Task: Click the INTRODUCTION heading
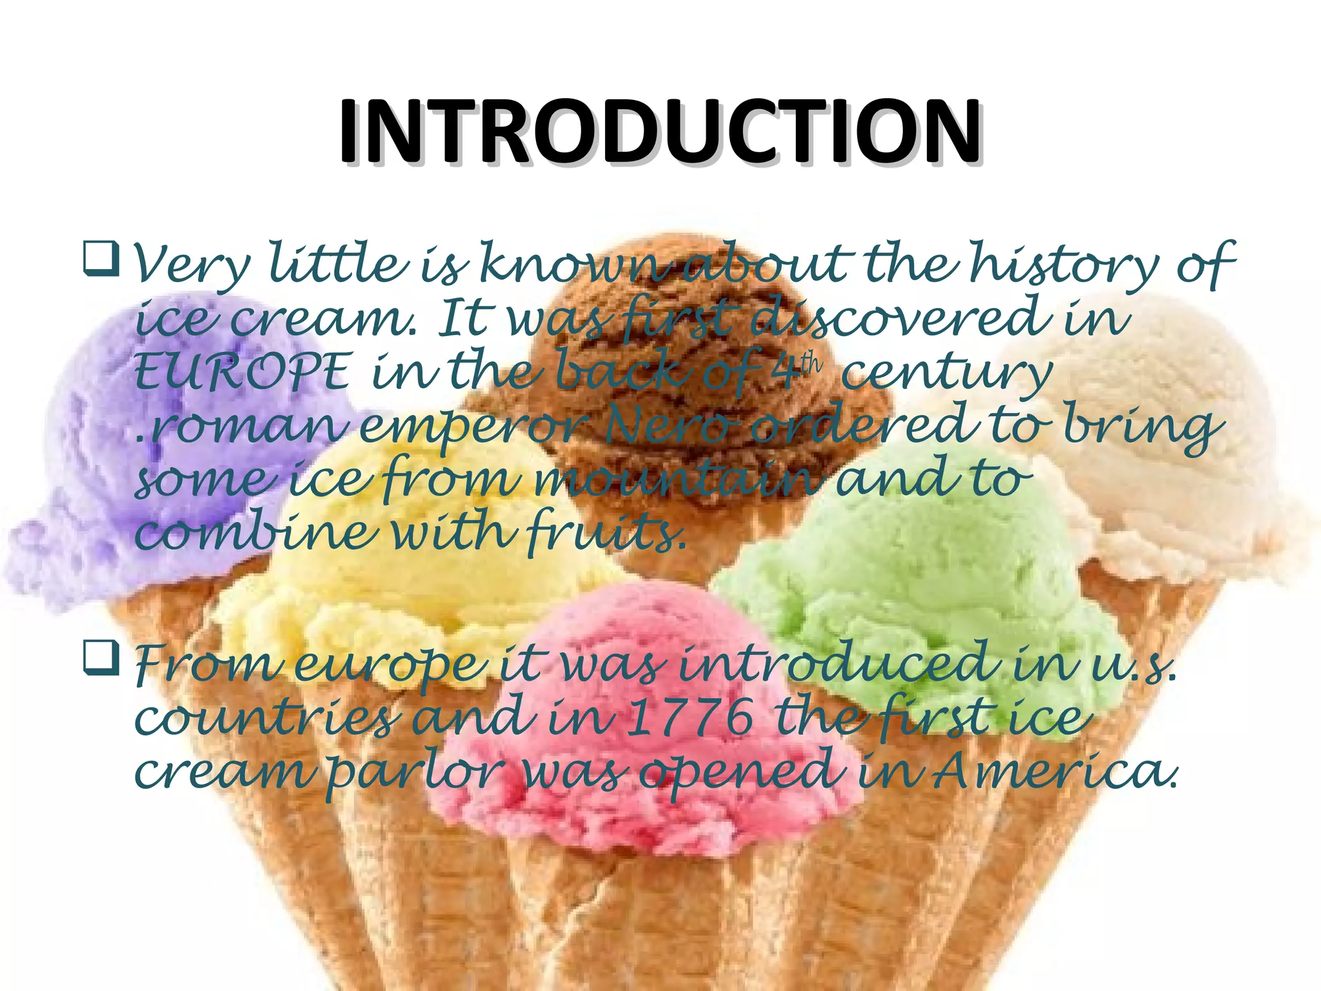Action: (x=660, y=132)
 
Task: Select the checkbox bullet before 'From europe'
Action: (x=101, y=657)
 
